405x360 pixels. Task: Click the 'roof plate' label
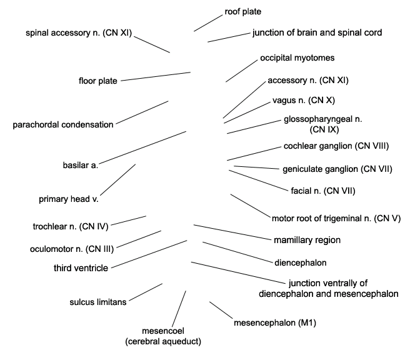(x=242, y=12)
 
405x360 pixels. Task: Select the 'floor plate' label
(x=98, y=81)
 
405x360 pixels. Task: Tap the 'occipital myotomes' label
(x=297, y=58)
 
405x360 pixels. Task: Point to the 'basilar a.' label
(x=81, y=165)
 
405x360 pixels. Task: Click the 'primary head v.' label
(x=69, y=199)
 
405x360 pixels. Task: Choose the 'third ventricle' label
(x=81, y=268)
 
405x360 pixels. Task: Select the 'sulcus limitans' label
(x=98, y=302)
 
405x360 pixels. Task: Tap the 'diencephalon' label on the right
(x=301, y=263)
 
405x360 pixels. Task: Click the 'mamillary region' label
(x=307, y=240)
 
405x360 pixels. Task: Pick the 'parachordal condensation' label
(x=63, y=125)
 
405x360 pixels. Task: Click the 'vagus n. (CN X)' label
(x=304, y=100)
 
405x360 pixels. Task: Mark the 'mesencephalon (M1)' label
(x=275, y=322)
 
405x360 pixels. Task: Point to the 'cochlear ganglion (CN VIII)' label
(x=336, y=146)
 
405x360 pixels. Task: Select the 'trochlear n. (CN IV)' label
(x=71, y=226)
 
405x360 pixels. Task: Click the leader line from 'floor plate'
(x=156, y=76)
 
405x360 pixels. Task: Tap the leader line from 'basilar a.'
(x=142, y=147)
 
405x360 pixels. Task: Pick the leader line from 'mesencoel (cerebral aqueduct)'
(x=179, y=309)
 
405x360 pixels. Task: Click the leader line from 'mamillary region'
(x=232, y=232)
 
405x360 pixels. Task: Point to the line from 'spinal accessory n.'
(x=152, y=44)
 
